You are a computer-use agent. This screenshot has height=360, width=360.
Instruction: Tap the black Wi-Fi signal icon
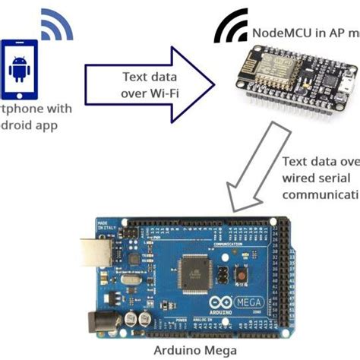tap(229, 29)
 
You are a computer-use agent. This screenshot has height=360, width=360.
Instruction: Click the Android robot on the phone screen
tap(19, 70)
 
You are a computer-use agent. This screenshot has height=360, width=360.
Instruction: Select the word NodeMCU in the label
tap(278, 33)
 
